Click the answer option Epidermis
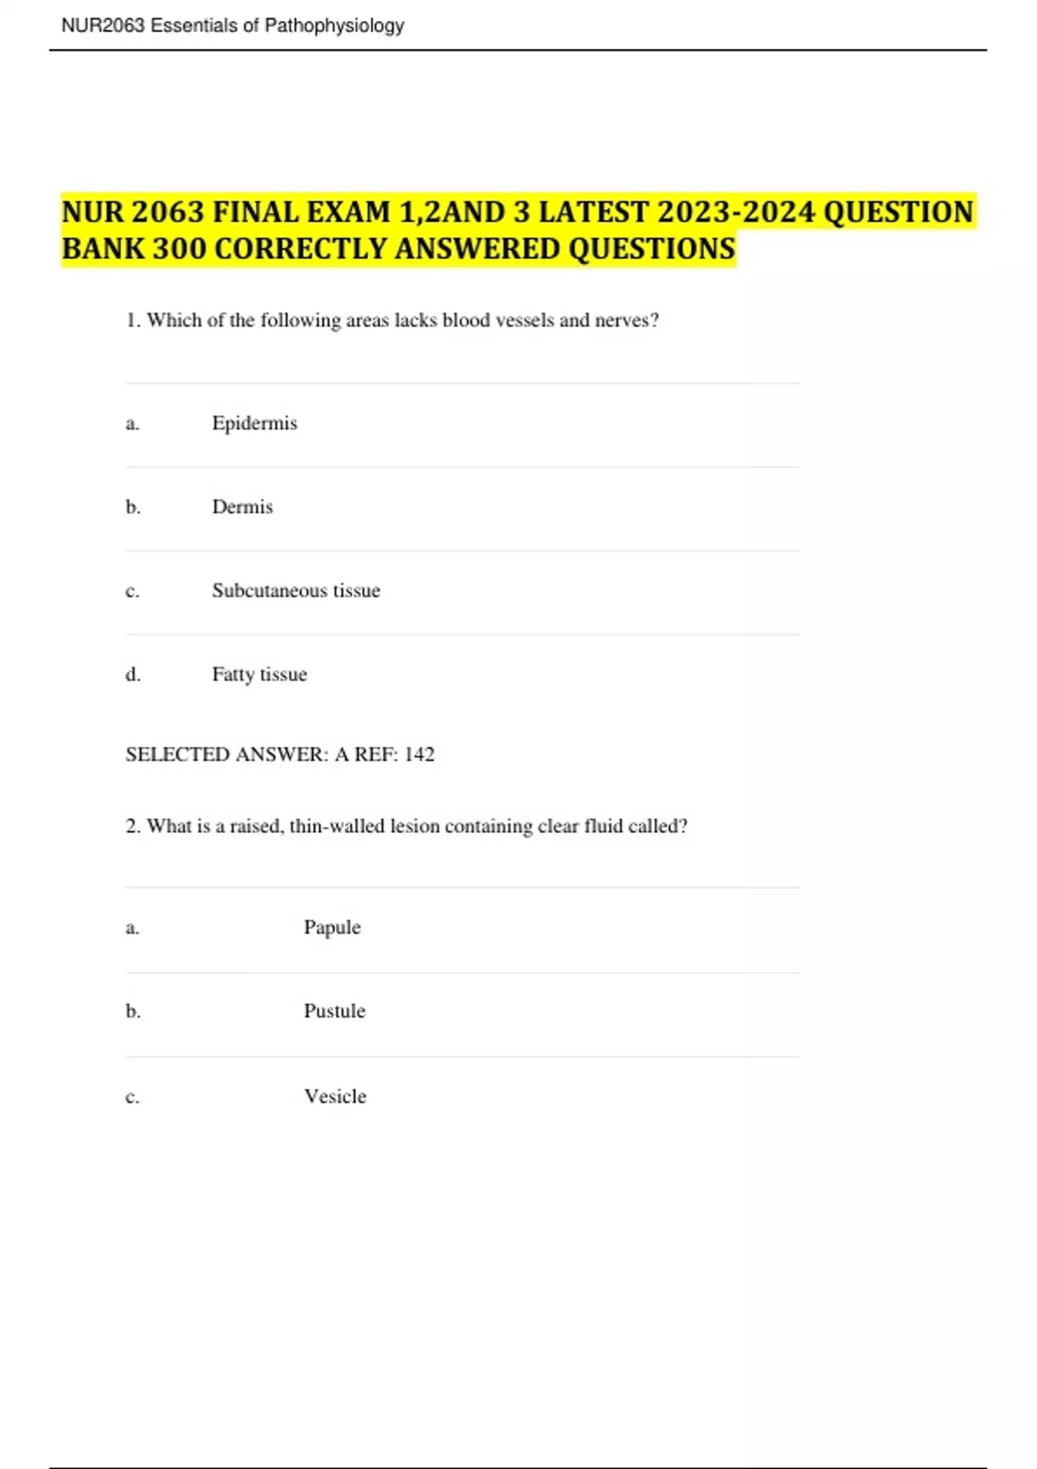[x=254, y=423]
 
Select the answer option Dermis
[x=242, y=507]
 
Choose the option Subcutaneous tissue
[x=296, y=591]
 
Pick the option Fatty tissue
[x=259, y=675]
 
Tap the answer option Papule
[x=332, y=928]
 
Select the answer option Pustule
[x=334, y=1011]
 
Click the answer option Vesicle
[x=334, y=1097]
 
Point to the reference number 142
[x=419, y=754]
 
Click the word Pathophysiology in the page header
[x=334, y=26]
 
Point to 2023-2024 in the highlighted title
[x=736, y=212]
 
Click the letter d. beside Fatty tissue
[x=132, y=675]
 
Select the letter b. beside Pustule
[x=132, y=1011]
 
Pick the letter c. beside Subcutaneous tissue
[x=132, y=591]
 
